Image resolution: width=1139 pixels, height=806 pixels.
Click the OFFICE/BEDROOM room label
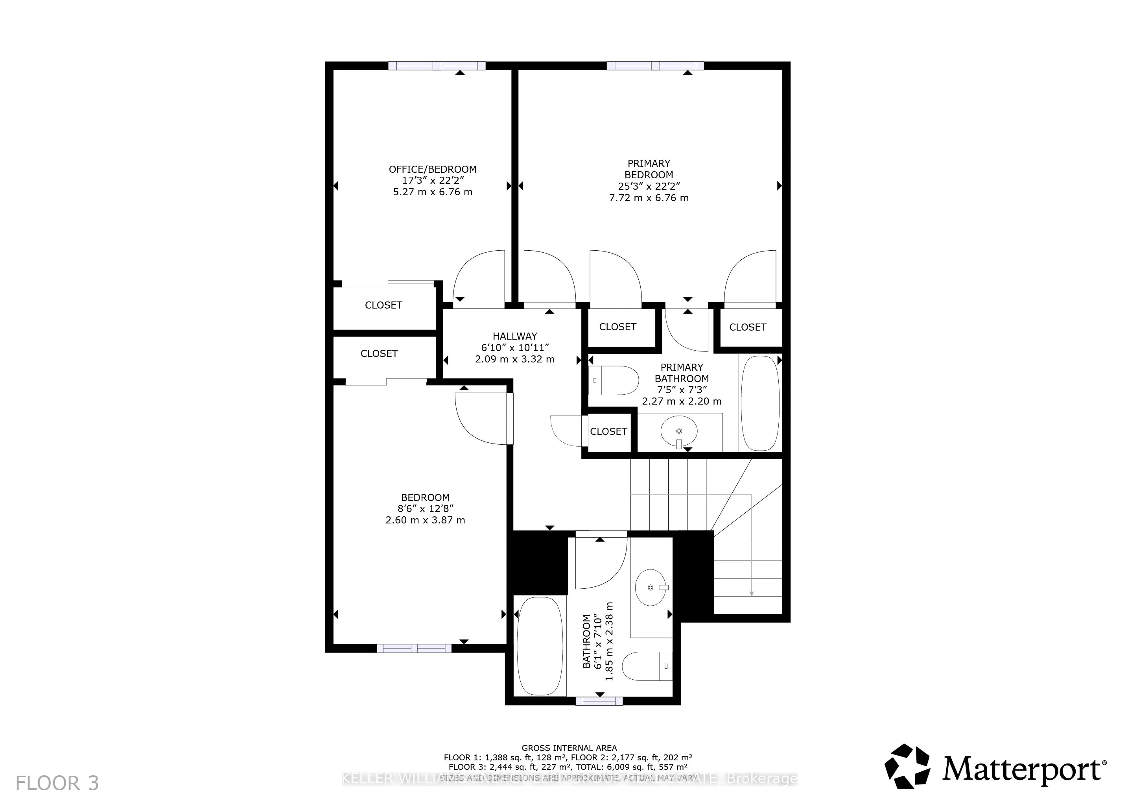tap(432, 169)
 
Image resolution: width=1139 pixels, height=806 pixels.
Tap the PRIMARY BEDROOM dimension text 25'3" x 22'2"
tap(649, 186)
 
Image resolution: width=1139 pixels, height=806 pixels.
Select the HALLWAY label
tap(514, 336)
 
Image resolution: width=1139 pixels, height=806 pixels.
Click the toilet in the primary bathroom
tap(614, 381)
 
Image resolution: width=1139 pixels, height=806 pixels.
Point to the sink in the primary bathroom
tap(678, 432)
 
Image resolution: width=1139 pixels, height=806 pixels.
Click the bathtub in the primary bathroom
tap(759, 403)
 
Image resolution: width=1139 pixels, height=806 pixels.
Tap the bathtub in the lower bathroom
tap(540, 646)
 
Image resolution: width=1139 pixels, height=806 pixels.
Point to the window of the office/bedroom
tap(437, 65)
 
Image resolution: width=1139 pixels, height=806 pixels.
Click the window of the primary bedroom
tap(655, 65)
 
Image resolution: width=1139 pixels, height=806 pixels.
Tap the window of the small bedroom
tap(414, 648)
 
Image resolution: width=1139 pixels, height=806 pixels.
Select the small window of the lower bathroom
tap(599, 701)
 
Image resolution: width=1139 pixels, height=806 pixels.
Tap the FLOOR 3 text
tap(57, 783)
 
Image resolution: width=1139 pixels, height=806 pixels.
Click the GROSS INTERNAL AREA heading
tap(569, 748)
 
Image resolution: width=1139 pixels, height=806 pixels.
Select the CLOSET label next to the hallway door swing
tap(608, 431)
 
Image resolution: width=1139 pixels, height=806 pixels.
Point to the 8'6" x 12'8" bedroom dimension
tap(425, 509)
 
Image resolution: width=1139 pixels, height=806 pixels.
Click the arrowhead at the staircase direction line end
tap(751, 593)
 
